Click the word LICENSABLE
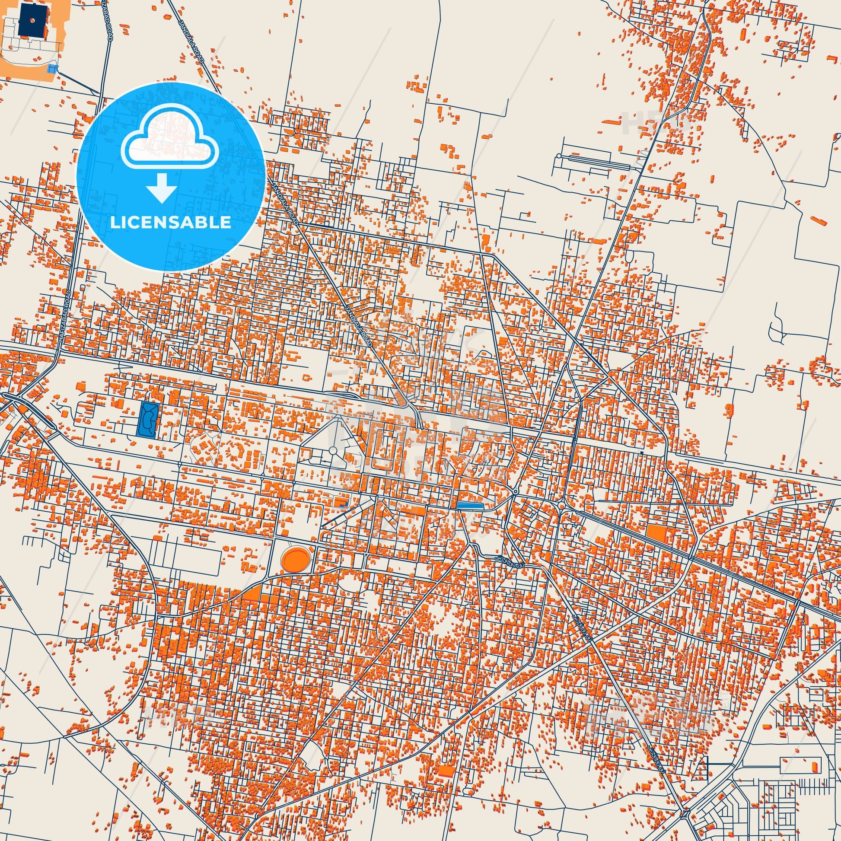171,223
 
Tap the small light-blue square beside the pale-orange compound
52,69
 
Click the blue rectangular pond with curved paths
148,419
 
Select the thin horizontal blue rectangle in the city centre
470,505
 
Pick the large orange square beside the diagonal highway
657,533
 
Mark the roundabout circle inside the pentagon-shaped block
333,449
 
